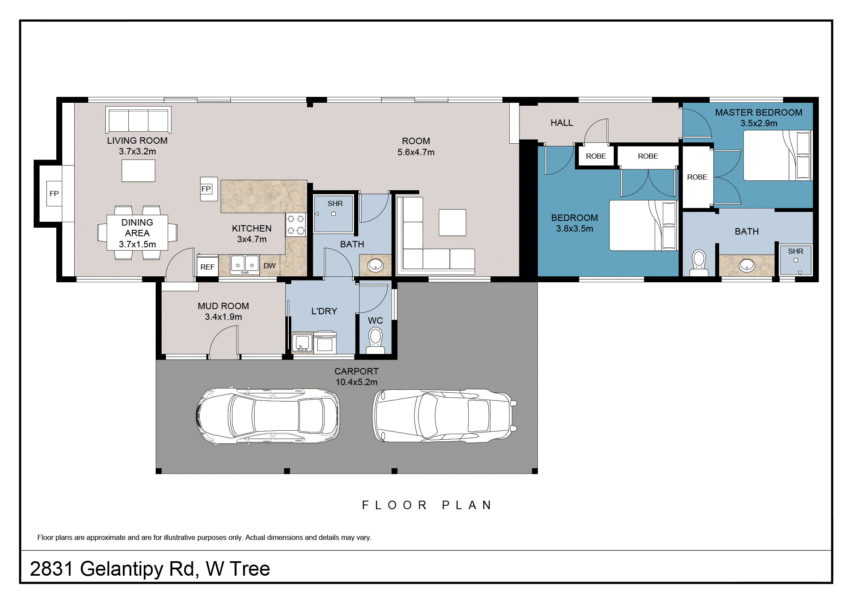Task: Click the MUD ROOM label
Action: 223,306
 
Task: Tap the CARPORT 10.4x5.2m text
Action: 357,377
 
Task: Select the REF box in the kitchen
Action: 208,267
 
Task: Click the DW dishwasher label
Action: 270,266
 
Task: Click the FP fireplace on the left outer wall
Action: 54,194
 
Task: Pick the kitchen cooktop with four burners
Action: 296,225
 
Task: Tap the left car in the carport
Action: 267,416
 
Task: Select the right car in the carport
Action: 445,416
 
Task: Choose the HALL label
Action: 562,123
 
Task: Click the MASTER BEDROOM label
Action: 759,113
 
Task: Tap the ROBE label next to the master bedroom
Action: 697,177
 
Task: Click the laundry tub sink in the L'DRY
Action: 302,343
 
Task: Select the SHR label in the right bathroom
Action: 795,251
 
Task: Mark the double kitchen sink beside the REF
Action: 245,265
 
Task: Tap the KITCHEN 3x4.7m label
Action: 252,234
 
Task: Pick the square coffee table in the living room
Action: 139,171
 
